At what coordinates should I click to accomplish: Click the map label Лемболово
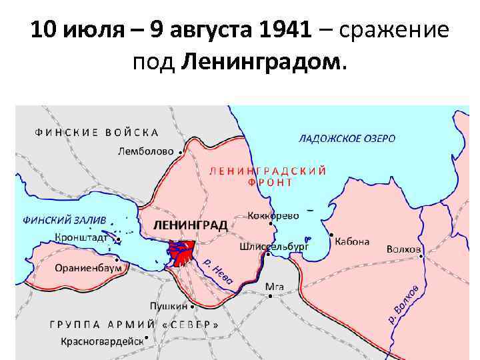click(145, 151)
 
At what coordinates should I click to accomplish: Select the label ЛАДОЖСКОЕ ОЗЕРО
click(347, 139)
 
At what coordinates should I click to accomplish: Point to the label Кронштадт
click(83, 237)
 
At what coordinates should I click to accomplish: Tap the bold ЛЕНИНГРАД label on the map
click(190, 225)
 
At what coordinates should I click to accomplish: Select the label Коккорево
click(273, 216)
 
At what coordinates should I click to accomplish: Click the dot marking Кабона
click(331, 235)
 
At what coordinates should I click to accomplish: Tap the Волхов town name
click(403, 249)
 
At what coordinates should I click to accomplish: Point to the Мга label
click(275, 287)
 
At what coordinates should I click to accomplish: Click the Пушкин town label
click(168, 306)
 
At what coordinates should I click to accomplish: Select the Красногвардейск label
click(101, 341)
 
